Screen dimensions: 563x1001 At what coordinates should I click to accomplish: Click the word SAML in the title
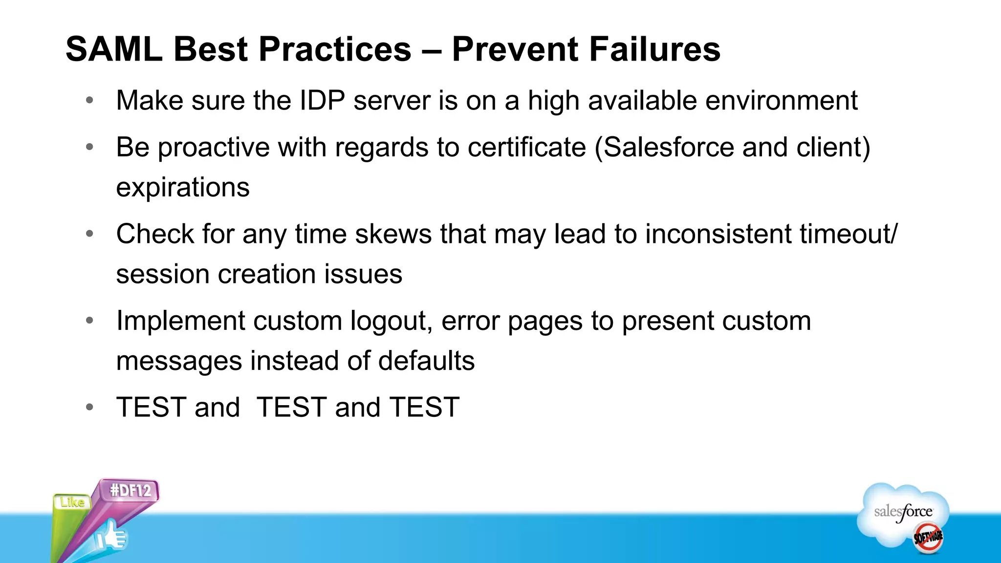click(x=114, y=49)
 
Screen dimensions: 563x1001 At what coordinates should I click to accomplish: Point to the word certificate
click(x=526, y=148)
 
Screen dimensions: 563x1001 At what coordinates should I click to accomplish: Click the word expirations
click(x=183, y=188)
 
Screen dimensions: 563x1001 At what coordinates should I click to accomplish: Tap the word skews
click(x=393, y=234)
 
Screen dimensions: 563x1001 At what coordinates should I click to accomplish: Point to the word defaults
click(x=426, y=361)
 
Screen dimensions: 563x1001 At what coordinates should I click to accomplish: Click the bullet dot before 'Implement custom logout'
click(x=89, y=321)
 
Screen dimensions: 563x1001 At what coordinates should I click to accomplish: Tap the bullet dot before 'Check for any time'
click(x=89, y=234)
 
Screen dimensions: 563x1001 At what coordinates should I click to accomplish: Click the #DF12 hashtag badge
click(x=131, y=490)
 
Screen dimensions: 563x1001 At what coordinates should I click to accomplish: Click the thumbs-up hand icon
click(x=111, y=537)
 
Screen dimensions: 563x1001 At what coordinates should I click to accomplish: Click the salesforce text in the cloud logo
click(x=903, y=512)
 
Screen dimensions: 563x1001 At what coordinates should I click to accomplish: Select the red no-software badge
click(x=928, y=538)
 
